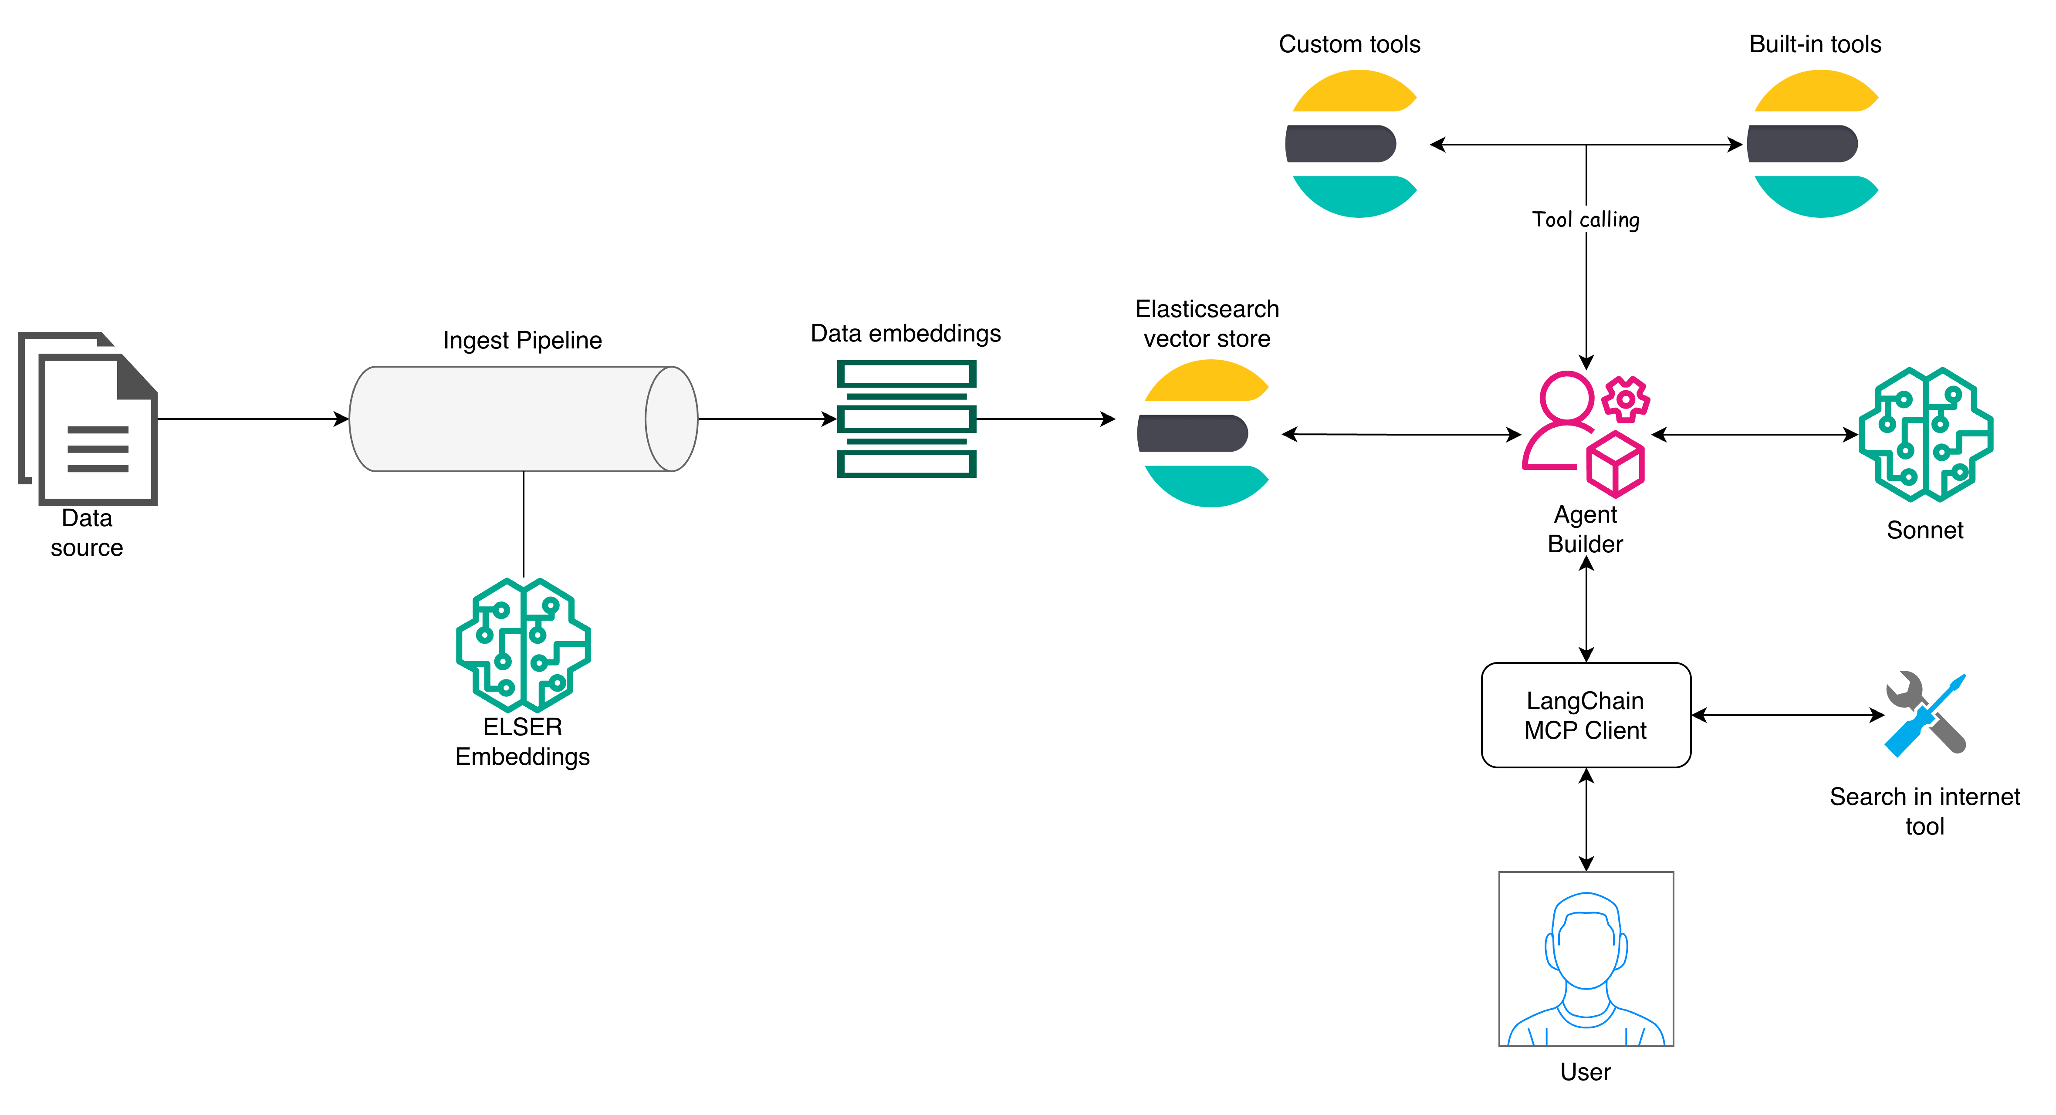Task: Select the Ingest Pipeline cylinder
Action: click(x=523, y=419)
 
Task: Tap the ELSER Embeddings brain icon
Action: click(x=523, y=645)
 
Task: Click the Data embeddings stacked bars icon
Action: click(x=906, y=419)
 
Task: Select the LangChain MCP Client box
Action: click(x=1585, y=715)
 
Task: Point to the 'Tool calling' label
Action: click(x=1585, y=220)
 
